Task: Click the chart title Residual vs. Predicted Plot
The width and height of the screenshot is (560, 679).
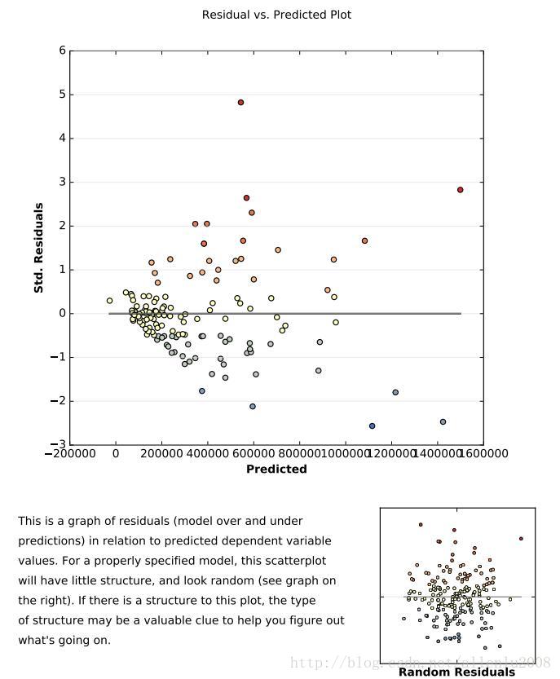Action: pyautogui.click(x=276, y=15)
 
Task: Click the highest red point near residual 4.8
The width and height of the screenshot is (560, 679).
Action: pyautogui.click(x=241, y=103)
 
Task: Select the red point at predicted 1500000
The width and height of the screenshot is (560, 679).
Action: pyautogui.click(x=461, y=190)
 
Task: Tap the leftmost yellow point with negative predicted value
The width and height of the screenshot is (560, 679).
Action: pyautogui.click(x=110, y=301)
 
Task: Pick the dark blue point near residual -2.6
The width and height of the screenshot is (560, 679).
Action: pyautogui.click(x=373, y=426)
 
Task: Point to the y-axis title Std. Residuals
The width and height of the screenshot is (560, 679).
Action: pyautogui.click(x=38, y=248)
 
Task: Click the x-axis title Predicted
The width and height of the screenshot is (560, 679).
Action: pyautogui.click(x=276, y=470)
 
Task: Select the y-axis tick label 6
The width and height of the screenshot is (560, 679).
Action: pyautogui.click(x=62, y=51)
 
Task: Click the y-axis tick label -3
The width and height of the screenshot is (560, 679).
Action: pyautogui.click(x=59, y=444)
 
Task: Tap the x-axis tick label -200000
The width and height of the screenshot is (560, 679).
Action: pyautogui.click(x=71, y=454)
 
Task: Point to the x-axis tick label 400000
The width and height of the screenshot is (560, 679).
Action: pyautogui.click(x=208, y=454)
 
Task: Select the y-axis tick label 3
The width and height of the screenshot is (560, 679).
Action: pyautogui.click(x=62, y=182)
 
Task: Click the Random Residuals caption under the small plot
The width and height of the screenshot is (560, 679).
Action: pyautogui.click(x=456, y=672)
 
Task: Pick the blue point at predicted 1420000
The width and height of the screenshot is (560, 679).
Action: pyautogui.click(x=443, y=422)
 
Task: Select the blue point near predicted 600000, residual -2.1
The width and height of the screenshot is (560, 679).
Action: pyautogui.click(x=253, y=407)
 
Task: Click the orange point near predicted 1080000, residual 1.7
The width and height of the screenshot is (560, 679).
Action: pyautogui.click(x=364, y=241)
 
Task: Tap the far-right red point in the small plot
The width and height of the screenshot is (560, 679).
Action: pyautogui.click(x=521, y=539)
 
